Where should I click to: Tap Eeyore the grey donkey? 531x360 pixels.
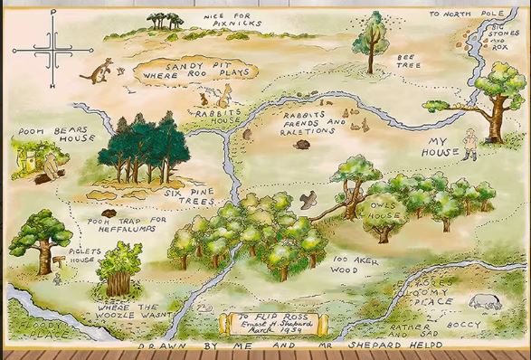(484, 303)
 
